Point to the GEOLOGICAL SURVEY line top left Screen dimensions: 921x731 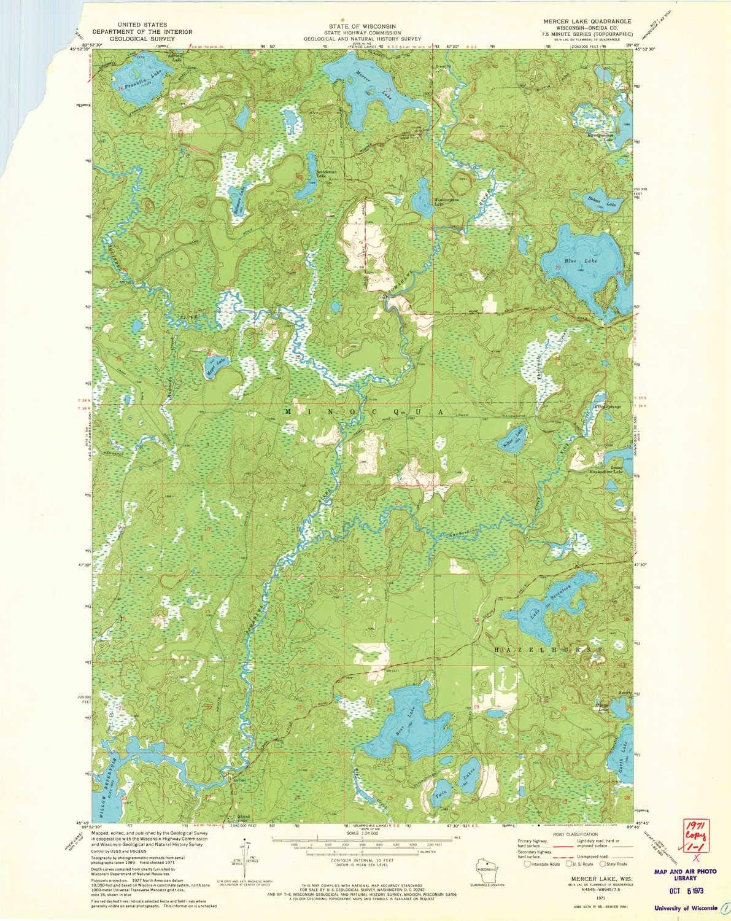click(x=133, y=38)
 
